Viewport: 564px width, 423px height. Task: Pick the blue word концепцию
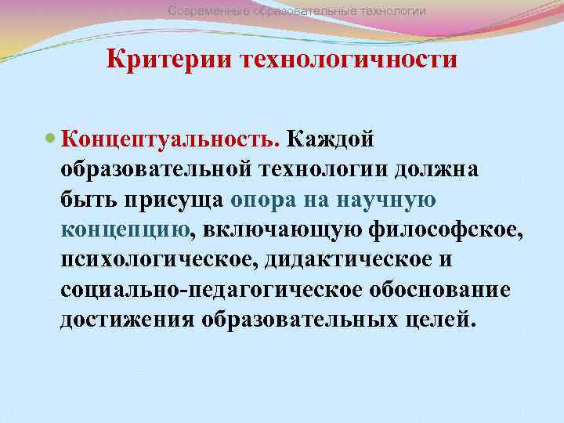[125, 230]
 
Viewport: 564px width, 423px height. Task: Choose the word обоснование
[439, 289]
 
